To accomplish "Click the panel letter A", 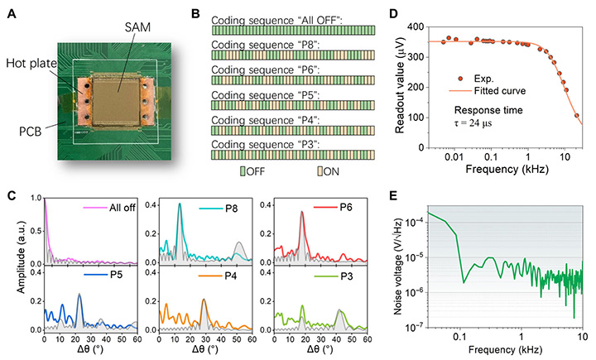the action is click(x=12, y=14).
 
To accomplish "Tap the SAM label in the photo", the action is click(x=137, y=27).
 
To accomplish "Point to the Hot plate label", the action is click(x=31, y=63).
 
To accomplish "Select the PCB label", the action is click(x=30, y=132).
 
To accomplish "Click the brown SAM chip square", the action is click(x=117, y=102).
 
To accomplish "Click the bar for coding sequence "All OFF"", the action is click(x=293, y=31).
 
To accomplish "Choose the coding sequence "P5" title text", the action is click(x=266, y=95).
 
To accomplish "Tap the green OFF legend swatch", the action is click(x=243, y=171).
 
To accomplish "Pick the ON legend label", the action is click(x=330, y=171).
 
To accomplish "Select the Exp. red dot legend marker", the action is click(x=460, y=79).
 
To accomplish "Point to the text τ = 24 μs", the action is click(x=473, y=123).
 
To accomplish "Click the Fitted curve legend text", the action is click(x=500, y=91).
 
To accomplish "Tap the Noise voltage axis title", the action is click(x=398, y=266).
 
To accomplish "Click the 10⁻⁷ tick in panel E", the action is click(x=415, y=326).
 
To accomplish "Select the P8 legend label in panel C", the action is click(x=232, y=209).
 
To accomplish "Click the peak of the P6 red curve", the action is click(x=302, y=212).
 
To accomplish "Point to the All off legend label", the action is click(x=123, y=208).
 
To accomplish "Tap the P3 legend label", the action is click(x=346, y=276).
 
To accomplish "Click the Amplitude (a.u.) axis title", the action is click(x=21, y=257).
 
